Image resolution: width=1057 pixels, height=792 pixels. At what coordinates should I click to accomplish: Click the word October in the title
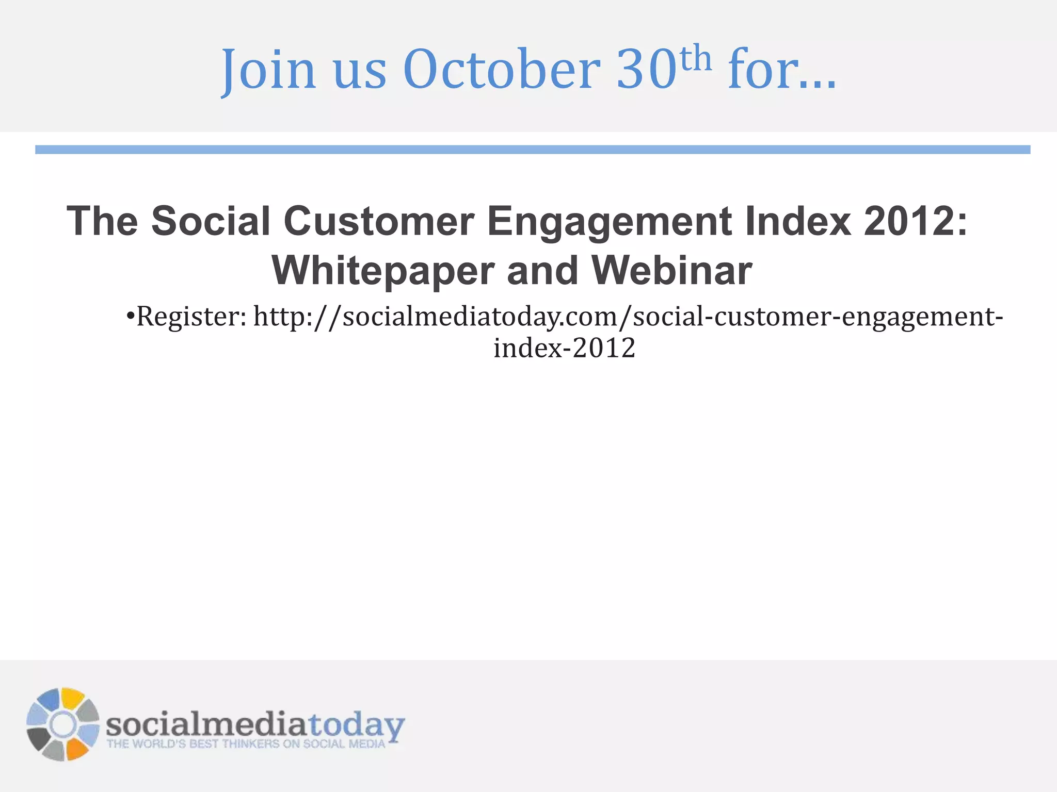coord(502,70)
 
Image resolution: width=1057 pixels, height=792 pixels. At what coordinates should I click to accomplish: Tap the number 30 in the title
coord(646,70)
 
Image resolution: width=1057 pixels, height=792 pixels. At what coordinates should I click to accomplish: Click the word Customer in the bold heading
coord(379,221)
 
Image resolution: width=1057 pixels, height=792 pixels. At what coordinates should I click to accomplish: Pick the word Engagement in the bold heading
coord(609,222)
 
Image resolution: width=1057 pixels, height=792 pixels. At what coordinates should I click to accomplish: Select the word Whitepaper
coord(382,271)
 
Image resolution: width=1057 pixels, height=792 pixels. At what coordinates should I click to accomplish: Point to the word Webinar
coord(671,270)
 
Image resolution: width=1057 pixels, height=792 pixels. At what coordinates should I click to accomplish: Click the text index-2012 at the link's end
coord(564,348)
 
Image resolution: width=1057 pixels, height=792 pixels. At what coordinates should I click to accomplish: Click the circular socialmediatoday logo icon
coord(62,724)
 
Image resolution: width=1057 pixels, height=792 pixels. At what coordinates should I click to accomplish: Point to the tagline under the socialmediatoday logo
coord(246,744)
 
